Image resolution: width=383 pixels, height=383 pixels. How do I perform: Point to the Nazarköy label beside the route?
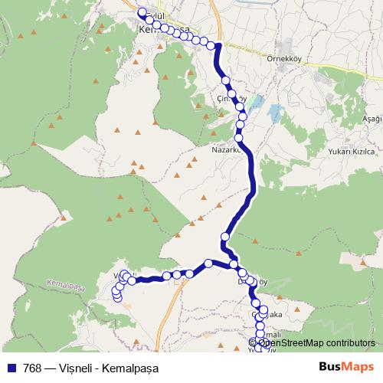[226, 150]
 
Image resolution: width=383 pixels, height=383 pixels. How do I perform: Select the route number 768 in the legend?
[33, 368]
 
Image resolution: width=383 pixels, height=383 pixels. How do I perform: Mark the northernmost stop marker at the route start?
[140, 12]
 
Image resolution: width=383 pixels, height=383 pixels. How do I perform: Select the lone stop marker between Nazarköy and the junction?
[225, 236]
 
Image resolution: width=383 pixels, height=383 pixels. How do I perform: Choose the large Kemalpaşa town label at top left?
[165, 29]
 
